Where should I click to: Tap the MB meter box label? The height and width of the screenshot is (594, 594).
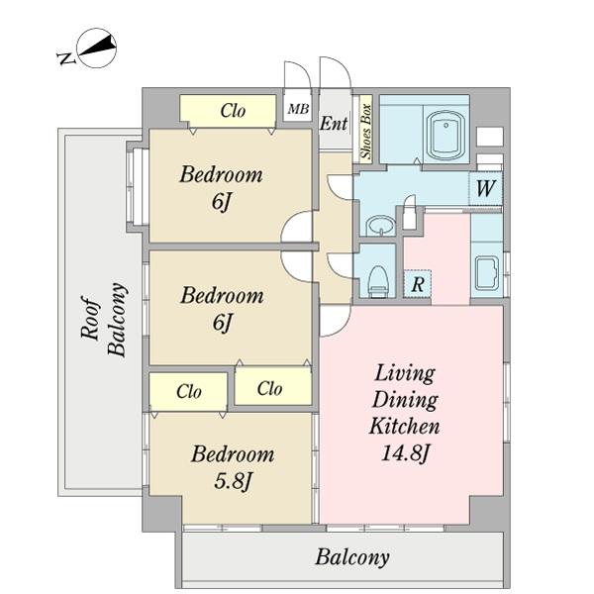click(x=298, y=109)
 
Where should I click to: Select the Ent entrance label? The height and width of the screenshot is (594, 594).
click(x=334, y=124)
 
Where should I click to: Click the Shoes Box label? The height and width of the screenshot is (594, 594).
click(x=366, y=132)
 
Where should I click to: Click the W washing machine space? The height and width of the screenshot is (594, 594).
click(x=486, y=188)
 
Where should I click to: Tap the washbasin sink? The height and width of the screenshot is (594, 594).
click(x=381, y=226)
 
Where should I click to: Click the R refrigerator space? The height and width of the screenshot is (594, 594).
click(x=417, y=283)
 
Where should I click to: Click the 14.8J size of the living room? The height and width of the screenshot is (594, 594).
click(x=405, y=452)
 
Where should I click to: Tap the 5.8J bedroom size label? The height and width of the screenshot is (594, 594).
click(x=233, y=481)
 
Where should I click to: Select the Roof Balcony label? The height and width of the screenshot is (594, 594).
click(x=103, y=319)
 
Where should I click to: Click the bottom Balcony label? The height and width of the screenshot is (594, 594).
click(x=352, y=557)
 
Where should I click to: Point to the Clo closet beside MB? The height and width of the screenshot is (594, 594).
click(x=233, y=111)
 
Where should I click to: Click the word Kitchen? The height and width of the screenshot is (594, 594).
click(x=405, y=426)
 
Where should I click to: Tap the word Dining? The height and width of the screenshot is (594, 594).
click(x=405, y=400)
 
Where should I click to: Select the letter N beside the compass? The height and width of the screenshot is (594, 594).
click(x=66, y=58)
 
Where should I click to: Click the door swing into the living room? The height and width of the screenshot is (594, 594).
click(x=335, y=321)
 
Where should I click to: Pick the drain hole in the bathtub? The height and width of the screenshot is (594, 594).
click(x=446, y=126)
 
